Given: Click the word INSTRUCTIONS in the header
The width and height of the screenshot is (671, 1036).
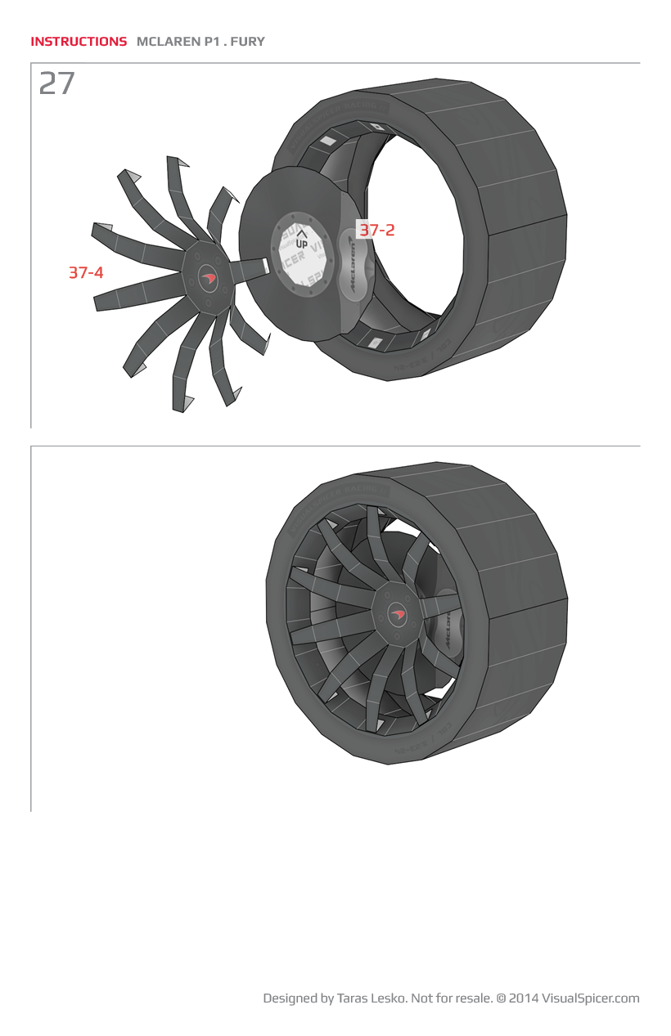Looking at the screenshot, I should click(x=79, y=42).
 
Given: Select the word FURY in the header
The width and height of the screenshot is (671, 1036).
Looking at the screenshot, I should click(x=248, y=42).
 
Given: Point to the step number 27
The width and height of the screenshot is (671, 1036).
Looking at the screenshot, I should click(x=57, y=84).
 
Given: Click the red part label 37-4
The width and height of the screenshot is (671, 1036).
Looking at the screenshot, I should click(x=86, y=273).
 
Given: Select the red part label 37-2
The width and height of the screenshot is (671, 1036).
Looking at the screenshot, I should click(x=376, y=231).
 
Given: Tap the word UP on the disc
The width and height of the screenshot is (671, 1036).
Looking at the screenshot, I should click(x=301, y=244).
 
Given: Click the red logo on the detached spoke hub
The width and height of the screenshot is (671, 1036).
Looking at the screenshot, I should click(x=208, y=278).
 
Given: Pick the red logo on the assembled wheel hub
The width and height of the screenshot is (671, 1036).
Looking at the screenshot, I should click(x=399, y=614).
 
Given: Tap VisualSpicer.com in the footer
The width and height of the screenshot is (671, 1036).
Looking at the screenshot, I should click(x=590, y=998).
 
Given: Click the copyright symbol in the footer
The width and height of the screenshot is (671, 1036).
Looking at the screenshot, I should click(x=501, y=998).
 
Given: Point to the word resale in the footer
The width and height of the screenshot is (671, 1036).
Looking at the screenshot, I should click(x=472, y=998).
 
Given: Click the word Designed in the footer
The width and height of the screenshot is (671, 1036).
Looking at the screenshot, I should click(x=290, y=998).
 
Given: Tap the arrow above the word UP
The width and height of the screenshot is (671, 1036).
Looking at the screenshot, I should click(x=301, y=234).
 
